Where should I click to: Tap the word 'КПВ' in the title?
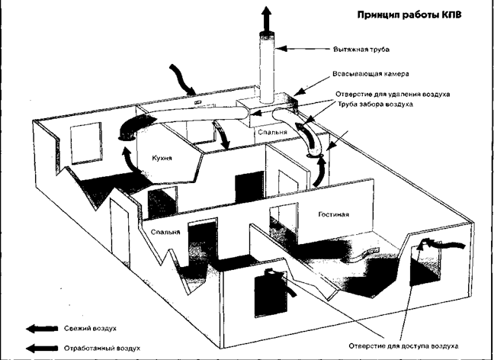click(464, 14)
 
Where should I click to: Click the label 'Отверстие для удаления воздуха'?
click(392, 94)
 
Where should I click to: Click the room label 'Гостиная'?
click(333, 214)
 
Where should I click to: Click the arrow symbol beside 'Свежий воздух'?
click(41, 328)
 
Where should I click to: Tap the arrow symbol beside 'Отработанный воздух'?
click(41, 349)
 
